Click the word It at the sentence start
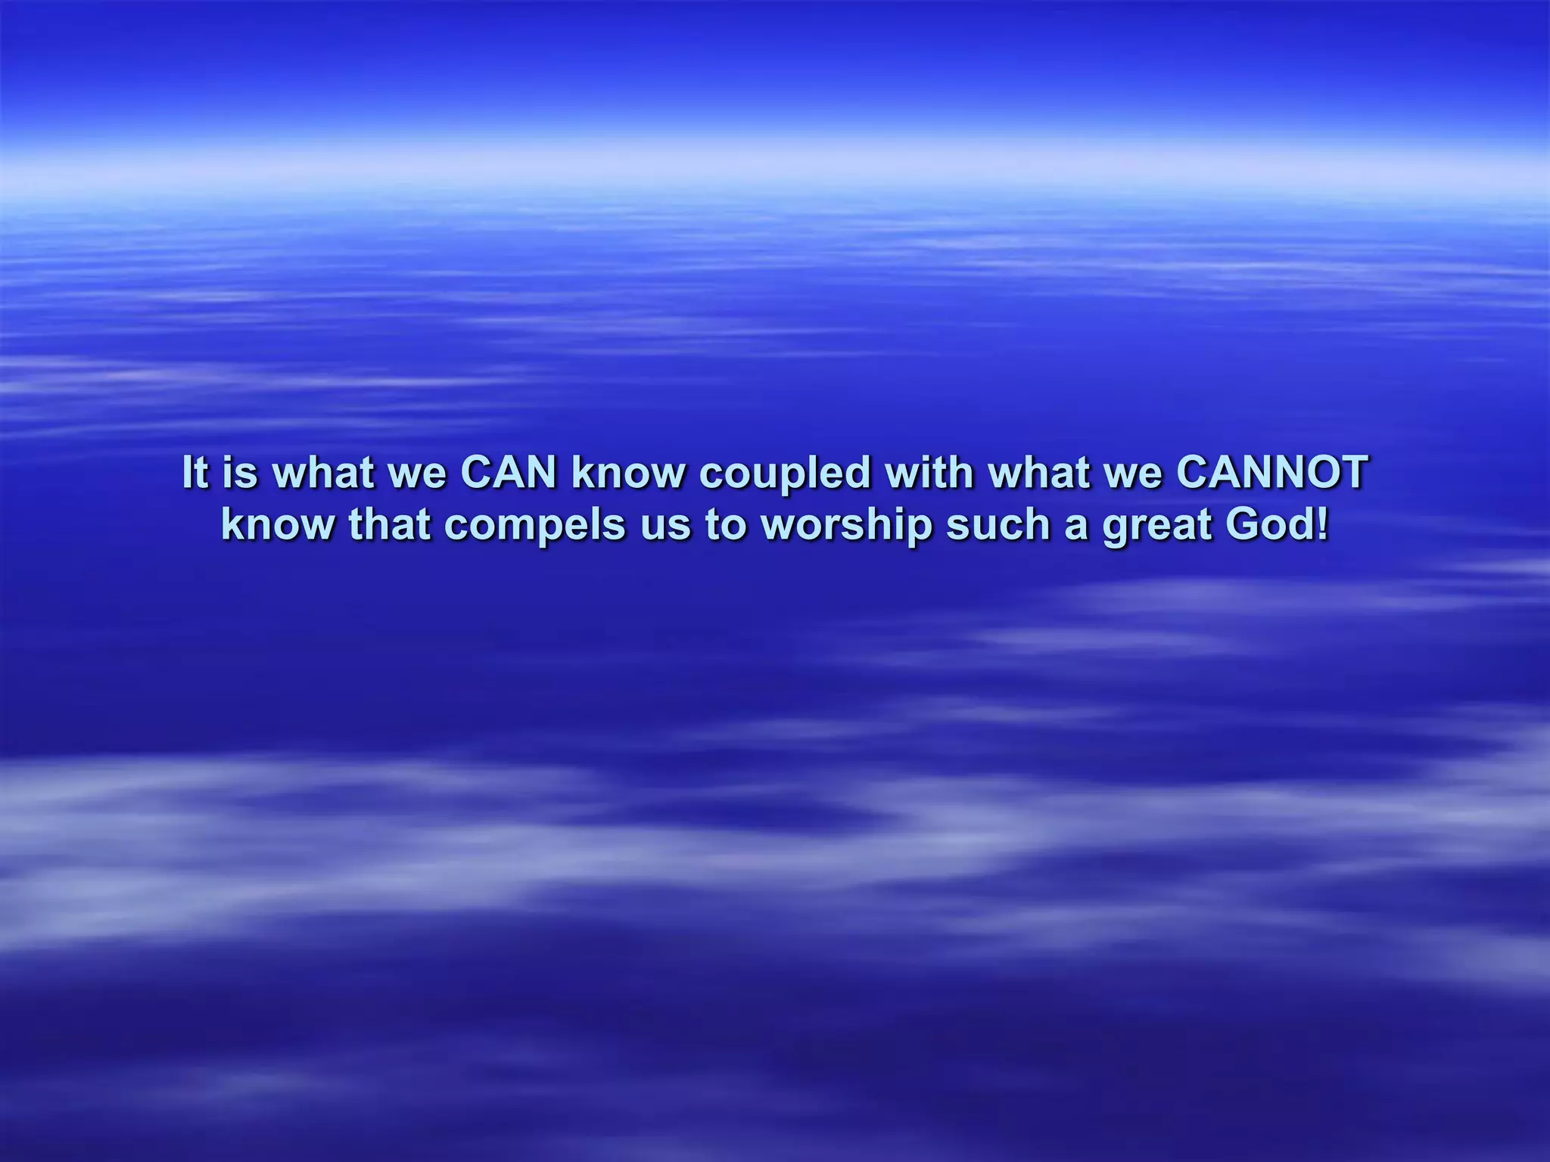[195, 472]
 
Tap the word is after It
[240, 472]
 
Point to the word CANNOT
[1271, 472]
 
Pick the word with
[929, 472]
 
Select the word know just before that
[277, 525]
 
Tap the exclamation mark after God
[1322, 525]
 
